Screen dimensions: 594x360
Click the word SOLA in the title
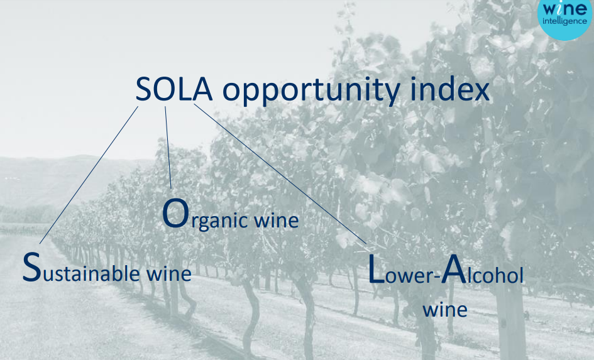pos(174,90)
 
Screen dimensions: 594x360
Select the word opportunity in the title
pos(311,92)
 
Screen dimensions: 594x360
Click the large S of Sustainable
pos(31,267)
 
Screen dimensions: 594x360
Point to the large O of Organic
pos(175,213)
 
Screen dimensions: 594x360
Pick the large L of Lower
pos(376,269)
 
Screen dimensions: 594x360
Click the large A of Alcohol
pos(454,269)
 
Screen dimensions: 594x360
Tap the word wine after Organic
pos(276,220)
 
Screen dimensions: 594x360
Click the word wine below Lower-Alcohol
pos(445,310)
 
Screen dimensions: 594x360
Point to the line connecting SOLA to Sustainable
pos(89,175)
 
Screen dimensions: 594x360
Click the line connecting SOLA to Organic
pos(168,147)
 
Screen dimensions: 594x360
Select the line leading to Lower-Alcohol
pos(280,174)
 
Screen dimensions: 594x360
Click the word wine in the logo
pos(564,8)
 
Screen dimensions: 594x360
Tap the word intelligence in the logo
pos(564,21)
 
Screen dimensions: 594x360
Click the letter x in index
pos(481,92)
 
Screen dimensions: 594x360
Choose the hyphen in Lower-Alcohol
pos(436,278)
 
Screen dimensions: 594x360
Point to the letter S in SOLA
pos(143,90)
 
